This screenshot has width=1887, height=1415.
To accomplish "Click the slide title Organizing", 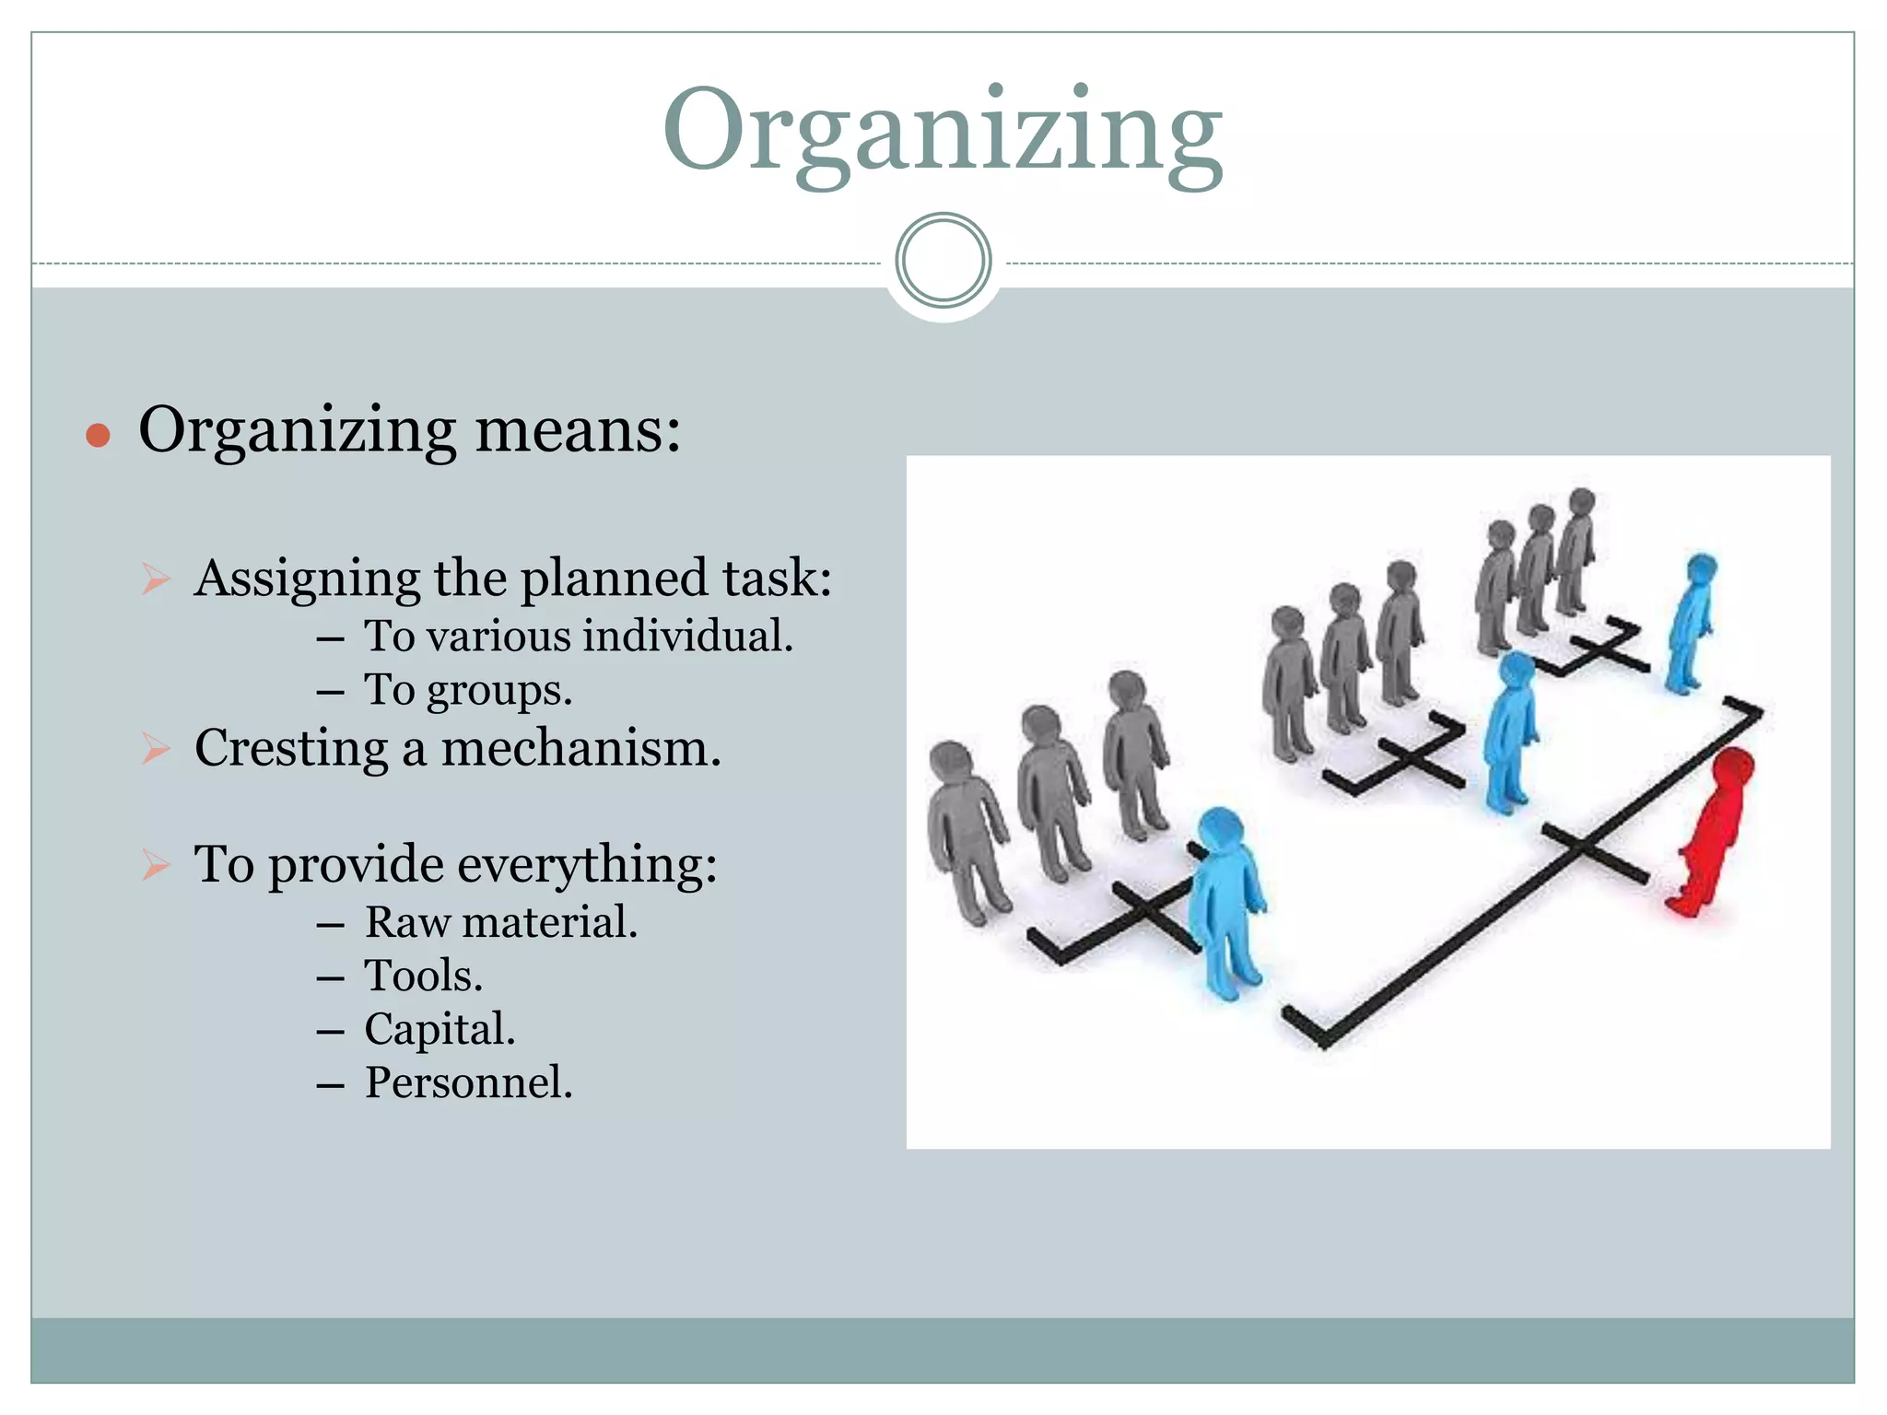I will coord(943,131).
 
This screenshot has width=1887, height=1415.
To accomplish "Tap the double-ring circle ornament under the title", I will coord(943,261).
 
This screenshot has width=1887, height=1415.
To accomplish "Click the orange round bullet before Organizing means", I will coord(98,435).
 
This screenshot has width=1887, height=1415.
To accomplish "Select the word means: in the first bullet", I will coord(578,430).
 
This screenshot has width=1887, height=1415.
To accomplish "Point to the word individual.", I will coord(687,637).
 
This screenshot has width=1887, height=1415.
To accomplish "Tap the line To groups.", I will coord(468,690).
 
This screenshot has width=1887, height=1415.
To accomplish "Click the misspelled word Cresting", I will coord(291,747).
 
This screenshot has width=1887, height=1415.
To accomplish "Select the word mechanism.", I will coord(580,747).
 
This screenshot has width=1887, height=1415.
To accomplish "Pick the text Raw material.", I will coord(500,922).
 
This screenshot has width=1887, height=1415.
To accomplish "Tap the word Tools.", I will coord(423,976).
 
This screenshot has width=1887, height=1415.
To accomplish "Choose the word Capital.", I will coord(440,1029).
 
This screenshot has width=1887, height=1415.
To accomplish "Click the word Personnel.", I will coord(468,1082).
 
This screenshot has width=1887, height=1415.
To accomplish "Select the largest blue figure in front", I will coord(1226,903).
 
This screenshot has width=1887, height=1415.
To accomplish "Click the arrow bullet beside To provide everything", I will coord(157,865).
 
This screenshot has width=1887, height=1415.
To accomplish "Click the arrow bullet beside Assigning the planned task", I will coord(157,579).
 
